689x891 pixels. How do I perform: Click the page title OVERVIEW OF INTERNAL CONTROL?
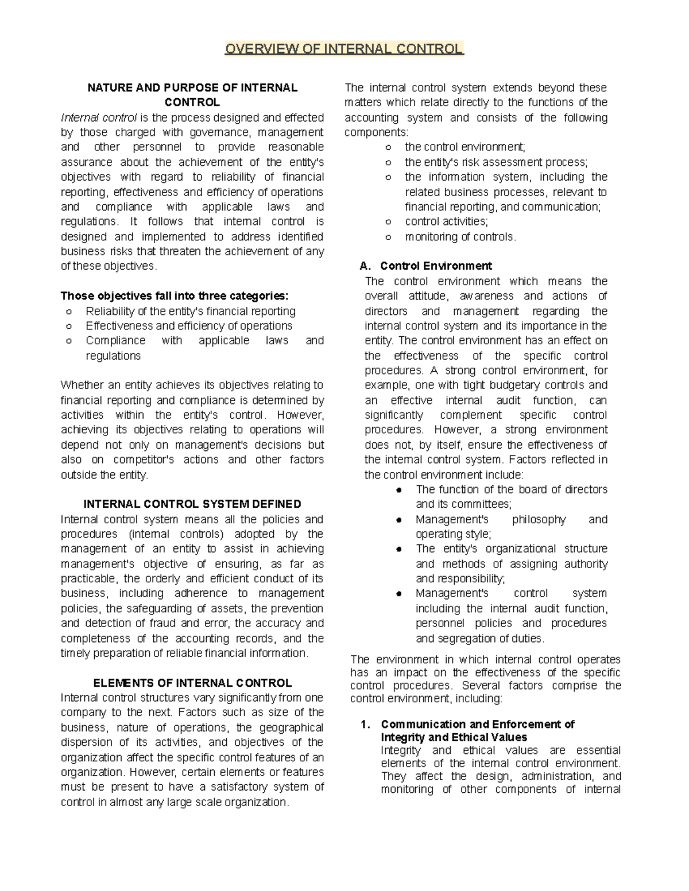coord(343,49)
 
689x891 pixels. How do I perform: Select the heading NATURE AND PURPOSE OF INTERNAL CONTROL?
coord(192,95)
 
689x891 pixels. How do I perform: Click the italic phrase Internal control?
coord(99,118)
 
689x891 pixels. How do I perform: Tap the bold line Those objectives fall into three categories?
coord(175,296)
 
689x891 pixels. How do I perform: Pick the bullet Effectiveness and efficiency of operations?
coord(189,326)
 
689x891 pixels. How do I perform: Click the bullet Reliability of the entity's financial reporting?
coord(191,311)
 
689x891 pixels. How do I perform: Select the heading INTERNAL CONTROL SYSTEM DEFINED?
coord(192,504)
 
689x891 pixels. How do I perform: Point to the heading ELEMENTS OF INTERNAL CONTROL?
coord(192,683)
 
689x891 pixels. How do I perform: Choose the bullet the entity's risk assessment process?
coord(496,162)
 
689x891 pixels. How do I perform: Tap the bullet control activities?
coord(446,221)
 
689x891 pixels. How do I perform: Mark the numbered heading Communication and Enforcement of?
coord(477,724)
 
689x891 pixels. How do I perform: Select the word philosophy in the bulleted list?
coord(539,519)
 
